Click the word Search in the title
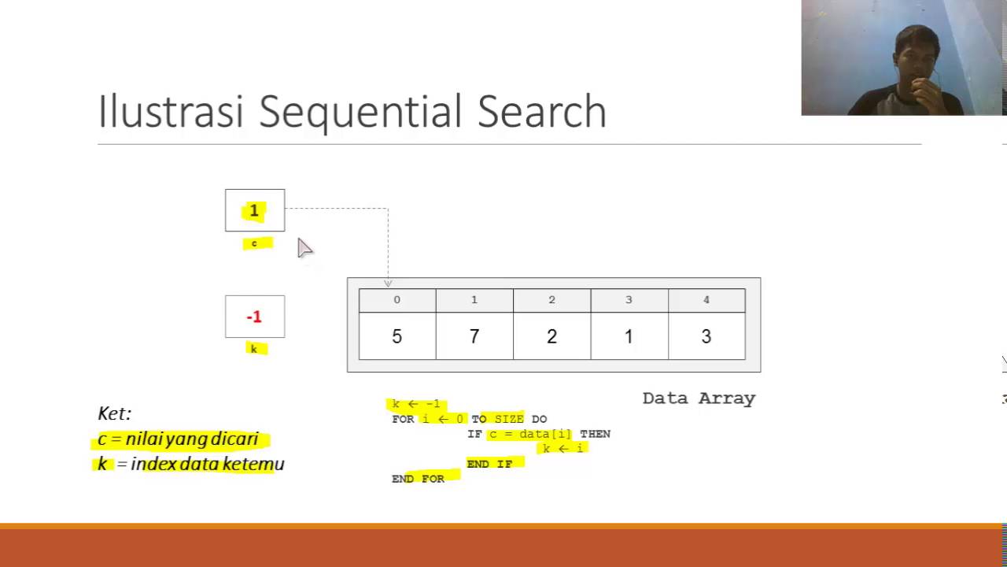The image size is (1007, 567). [542, 112]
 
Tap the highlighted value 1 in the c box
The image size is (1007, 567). [254, 211]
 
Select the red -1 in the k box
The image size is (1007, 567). [253, 317]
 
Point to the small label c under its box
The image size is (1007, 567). [254, 243]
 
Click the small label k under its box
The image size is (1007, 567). [253, 349]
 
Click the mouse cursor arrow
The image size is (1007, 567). [304, 247]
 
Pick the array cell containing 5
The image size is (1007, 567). [397, 336]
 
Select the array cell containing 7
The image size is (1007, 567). [474, 336]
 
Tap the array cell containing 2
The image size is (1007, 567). [551, 336]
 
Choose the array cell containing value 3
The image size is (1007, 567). [706, 336]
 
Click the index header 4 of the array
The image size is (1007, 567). [706, 300]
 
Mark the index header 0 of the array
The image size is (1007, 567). [397, 300]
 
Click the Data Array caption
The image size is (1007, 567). [699, 398]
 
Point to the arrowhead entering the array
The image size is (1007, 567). [388, 283]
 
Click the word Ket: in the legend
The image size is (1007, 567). [114, 413]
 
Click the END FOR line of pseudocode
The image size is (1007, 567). [418, 479]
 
